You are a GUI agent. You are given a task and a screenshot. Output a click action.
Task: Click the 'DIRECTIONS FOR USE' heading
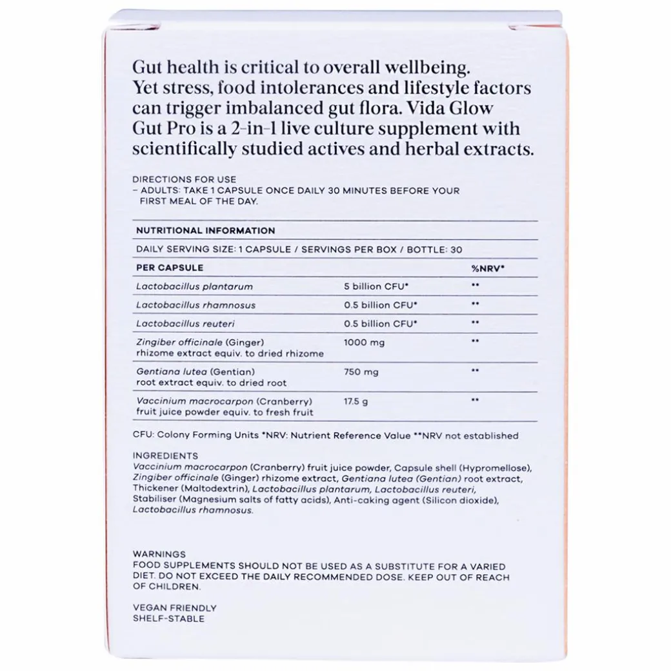click(184, 179)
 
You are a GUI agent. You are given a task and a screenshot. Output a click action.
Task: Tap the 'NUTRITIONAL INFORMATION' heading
click(205, 230)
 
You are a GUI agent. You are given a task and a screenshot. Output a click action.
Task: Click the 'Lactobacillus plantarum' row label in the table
click(194, 286)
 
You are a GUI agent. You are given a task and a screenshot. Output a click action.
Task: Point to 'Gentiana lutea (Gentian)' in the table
click(195, 372)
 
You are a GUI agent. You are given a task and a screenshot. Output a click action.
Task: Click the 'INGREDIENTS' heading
click(165, 456)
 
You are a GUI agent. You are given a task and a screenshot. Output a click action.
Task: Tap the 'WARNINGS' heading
click(159, 554)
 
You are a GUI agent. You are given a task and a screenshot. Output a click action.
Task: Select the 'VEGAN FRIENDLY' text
click(174, 608)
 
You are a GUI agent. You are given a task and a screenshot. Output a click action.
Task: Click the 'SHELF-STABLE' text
click(168, 619)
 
